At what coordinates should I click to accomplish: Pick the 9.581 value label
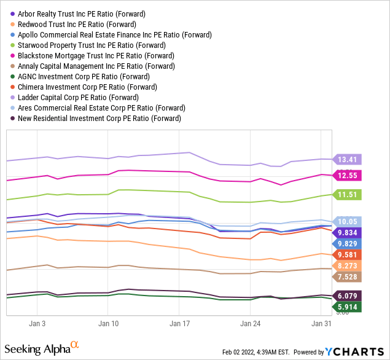348,254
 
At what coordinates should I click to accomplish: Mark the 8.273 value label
348,266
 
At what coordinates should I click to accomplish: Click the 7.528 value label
348,277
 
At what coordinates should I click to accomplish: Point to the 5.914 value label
348,307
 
